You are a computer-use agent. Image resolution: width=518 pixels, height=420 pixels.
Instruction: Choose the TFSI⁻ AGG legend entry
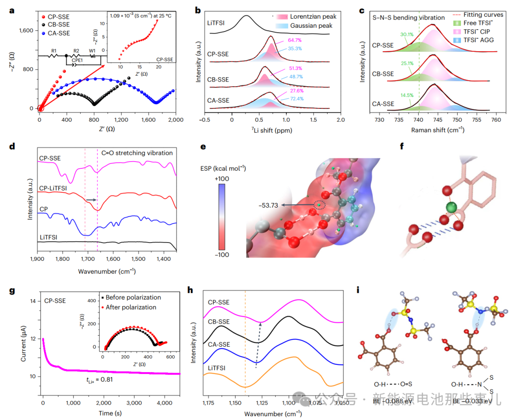tap(480, 40)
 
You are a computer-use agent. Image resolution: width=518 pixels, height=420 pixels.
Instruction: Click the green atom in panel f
tap(449, 207)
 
